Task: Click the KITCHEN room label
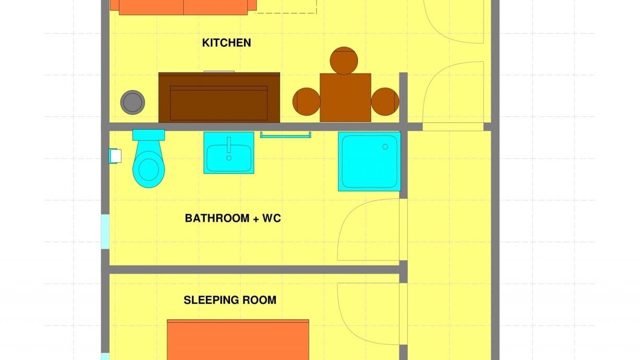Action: click(x=226, y=43)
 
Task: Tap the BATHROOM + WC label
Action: click(x=233, y=218)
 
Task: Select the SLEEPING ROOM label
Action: click(x=230, y=300)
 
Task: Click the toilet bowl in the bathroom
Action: click(x=148, y=169)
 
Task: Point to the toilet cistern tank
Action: click(x=148, y=135)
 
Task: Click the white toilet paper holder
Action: click(x=115, y=156)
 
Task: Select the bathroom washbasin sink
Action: click(x=229, y=153)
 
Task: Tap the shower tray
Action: click(x=369, y=161)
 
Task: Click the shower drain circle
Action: click(x=385, y=146)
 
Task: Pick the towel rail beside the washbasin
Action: click(x=285, y=135)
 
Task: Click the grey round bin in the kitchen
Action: click(x=132, y=102)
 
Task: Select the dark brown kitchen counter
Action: click(x=219, y=97)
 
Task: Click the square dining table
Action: click(x=345, y=97)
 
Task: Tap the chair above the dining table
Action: click(x=343, y=60)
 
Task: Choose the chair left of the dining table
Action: click(x=306, y=101)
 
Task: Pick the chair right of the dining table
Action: click(x=385, y=101)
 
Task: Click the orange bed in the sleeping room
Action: click(x=238, y=339)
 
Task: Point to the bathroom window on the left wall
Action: click(x=105, y=231)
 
